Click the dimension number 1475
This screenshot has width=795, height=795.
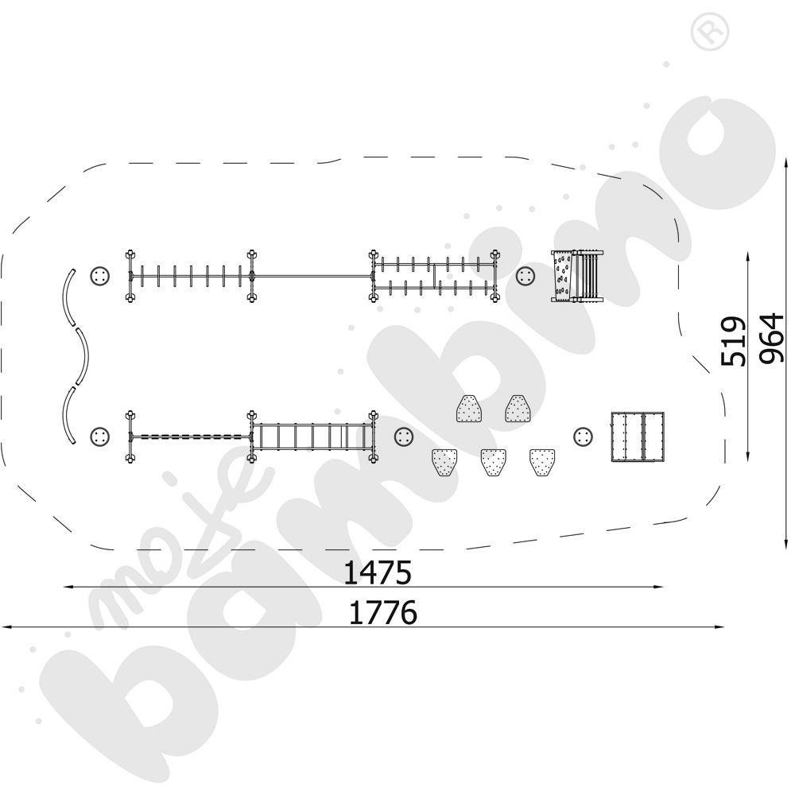tap(377, 573)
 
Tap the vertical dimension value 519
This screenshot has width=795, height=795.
tap(734, 341)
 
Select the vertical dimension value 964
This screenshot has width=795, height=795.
tap(771, 338)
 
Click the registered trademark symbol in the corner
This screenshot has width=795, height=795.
tap(710, 31)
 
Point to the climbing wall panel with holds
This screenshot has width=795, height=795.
tap(562, 276)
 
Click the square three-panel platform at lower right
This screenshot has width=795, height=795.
tap(638, 436)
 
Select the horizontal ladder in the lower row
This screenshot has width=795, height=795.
tap(312, 436)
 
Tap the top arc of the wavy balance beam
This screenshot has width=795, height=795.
tap(68, 297)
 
